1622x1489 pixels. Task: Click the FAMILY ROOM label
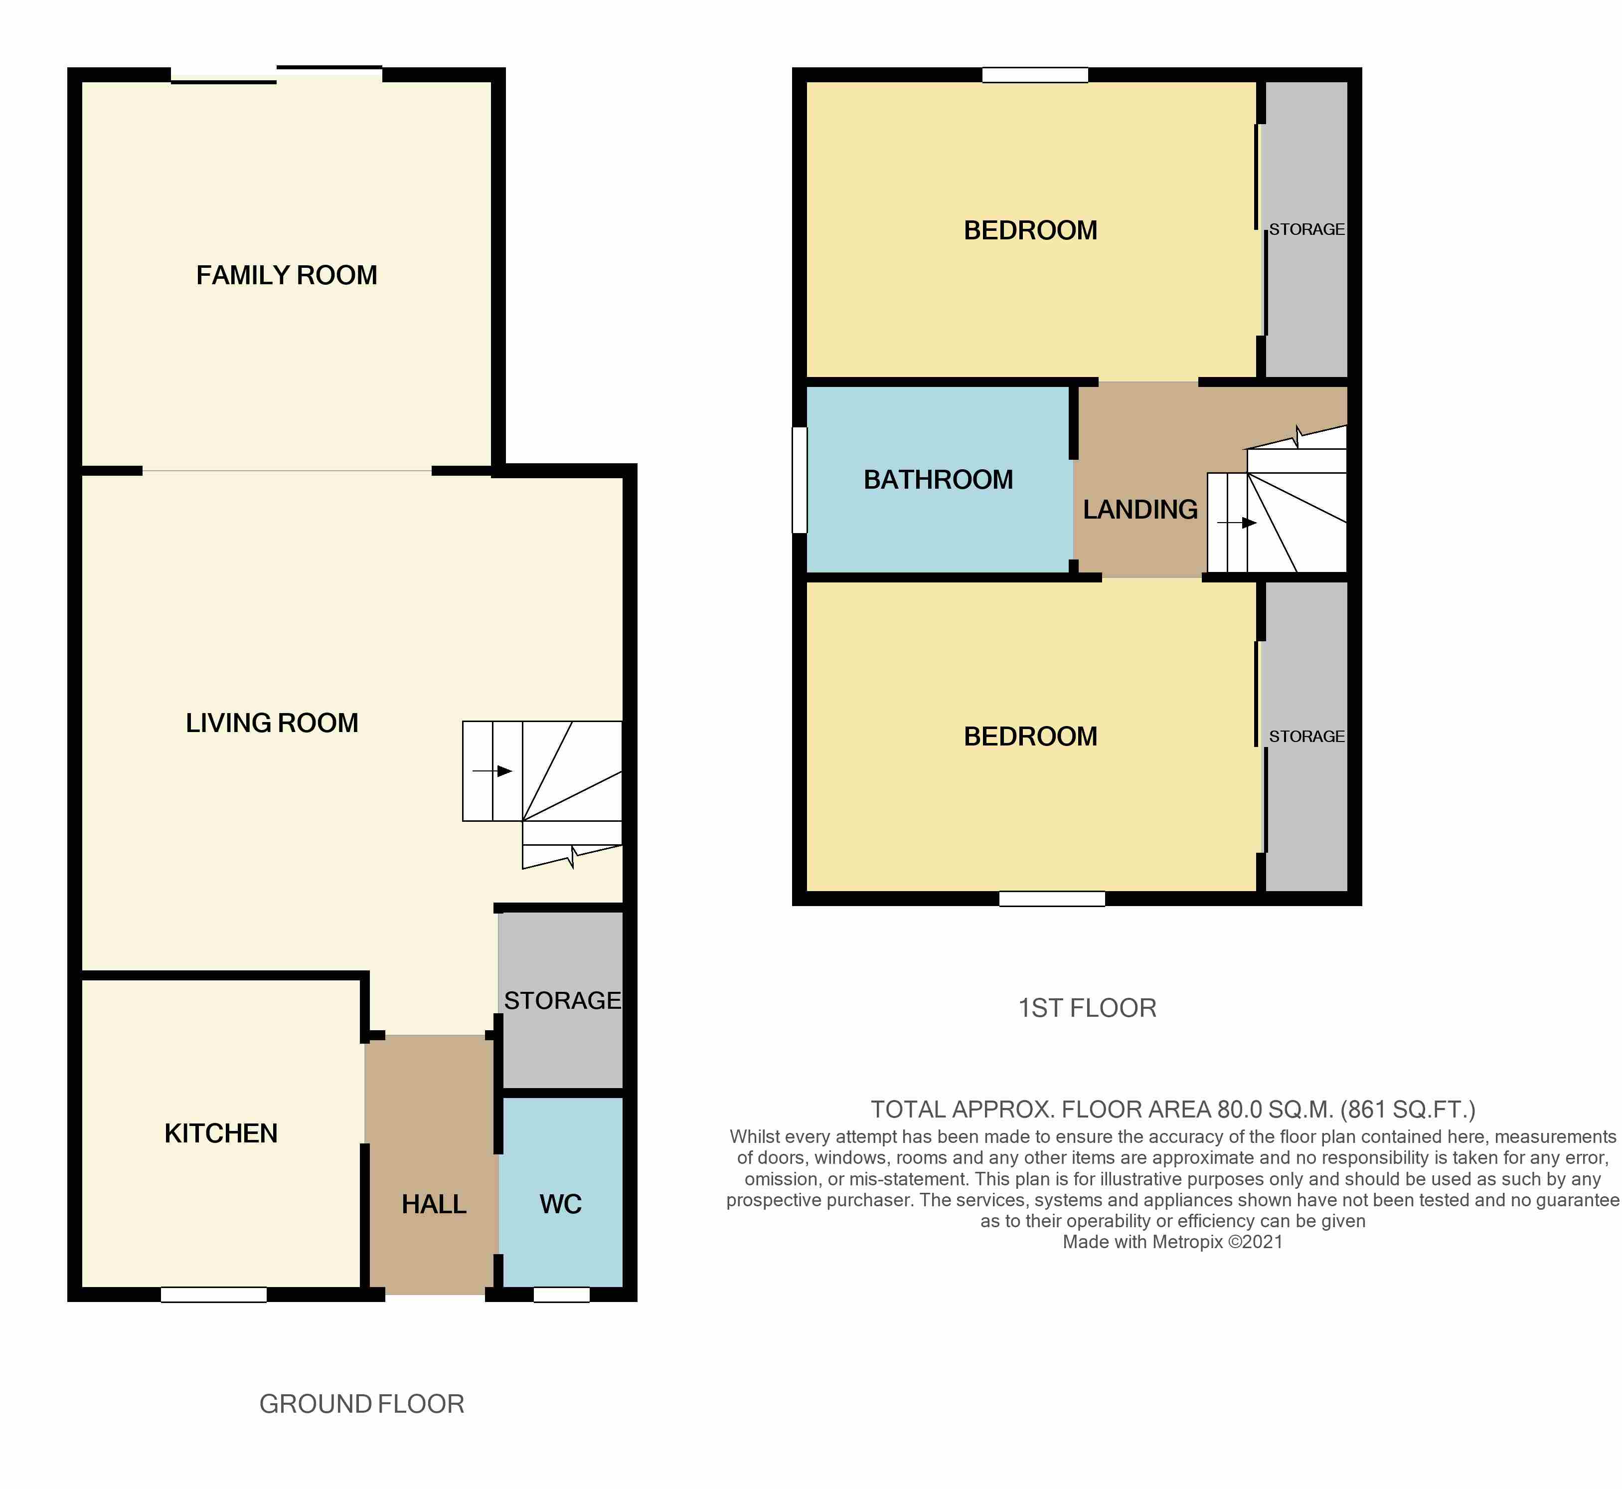(x=287, y=276)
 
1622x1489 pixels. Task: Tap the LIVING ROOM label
(x=272, y=723)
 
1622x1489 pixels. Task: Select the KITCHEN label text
(x=221, y=1133)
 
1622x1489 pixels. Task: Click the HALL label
(x=434, y=1204)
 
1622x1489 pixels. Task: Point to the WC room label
(x=561, y=1204)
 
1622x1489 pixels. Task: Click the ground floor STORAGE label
(x=562, y=1000)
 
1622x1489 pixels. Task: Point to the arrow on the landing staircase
(x=1236, y=523)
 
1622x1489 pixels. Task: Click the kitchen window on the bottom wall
(x=213, y=1295)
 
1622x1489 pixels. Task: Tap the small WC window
(x=561, y=1295)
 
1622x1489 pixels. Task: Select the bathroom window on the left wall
(x=800, y=480)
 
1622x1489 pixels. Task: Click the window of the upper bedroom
(x=1035, y=75)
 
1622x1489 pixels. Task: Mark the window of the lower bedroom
(x=1052, y=899)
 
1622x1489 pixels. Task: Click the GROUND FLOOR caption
(x=361, y=1404)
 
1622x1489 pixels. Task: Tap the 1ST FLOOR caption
(x=1087, y=1008)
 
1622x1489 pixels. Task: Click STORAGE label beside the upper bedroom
(x=1306, y=230)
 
